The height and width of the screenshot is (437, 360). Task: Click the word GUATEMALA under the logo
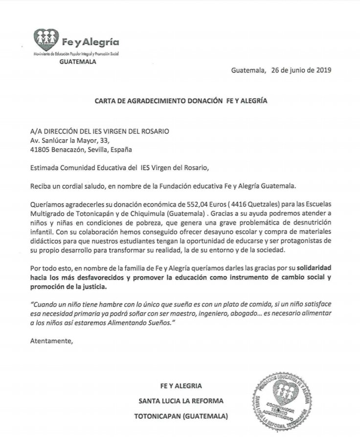(x=78, y=62)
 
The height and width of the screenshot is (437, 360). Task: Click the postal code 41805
(x=39, y=150)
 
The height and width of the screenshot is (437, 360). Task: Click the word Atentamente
(x=51, y=341)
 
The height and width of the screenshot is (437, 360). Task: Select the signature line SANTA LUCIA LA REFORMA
(x=181, y=401)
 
